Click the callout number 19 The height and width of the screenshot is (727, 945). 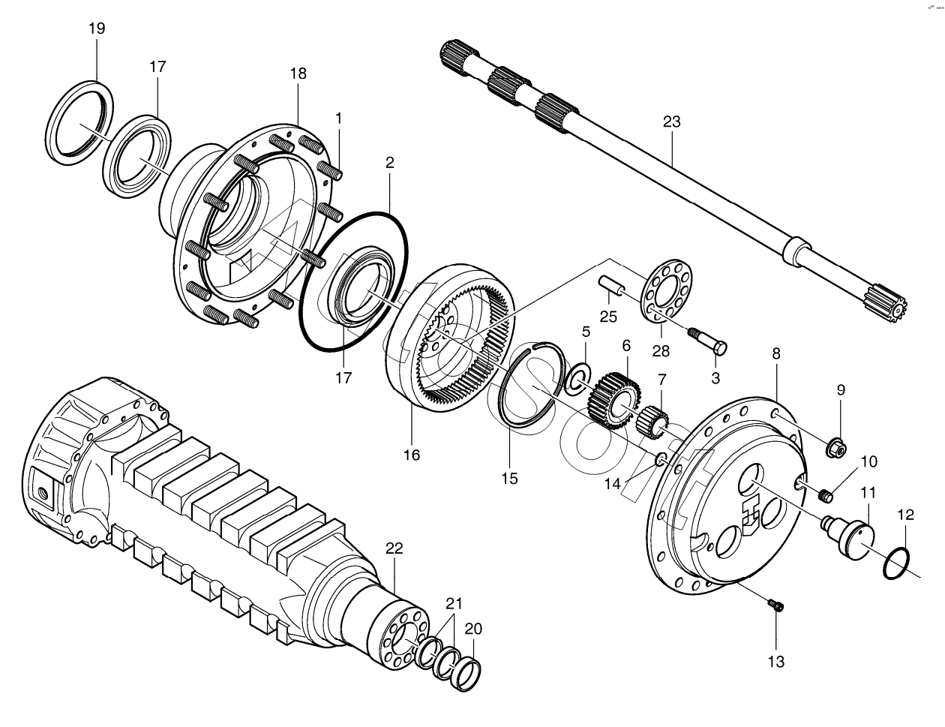(97, 29)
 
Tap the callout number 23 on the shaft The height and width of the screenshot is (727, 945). (671, 120)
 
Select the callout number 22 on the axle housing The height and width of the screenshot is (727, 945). (394, 548)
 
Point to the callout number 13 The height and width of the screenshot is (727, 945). (775, 661)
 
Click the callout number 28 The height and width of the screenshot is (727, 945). (661, 350)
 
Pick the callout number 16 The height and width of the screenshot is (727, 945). (412, 454)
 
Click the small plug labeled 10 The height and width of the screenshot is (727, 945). (826, 495)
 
